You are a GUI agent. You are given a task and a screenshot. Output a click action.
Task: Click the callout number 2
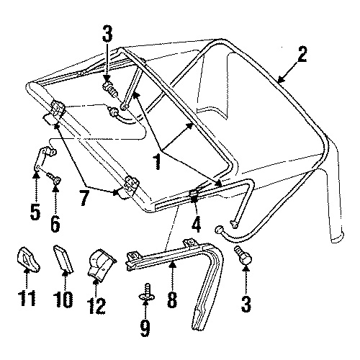[301, 55]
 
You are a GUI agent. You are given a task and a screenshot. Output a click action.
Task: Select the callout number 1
[157, 162]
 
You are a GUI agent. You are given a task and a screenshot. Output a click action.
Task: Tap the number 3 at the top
[107, 34]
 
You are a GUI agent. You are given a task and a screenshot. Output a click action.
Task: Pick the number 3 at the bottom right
[246, 304]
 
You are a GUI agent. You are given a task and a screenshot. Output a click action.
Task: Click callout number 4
[196, 225]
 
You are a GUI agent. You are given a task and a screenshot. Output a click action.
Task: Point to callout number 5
[35, 212]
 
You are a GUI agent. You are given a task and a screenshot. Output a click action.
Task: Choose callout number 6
[55, 224]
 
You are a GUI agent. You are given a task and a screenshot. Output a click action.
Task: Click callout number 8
[172, 300]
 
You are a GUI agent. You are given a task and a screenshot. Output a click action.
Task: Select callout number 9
[145, 328]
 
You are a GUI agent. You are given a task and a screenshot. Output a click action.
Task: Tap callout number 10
[63, 300]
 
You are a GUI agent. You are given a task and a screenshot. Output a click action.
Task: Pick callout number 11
[28, 298]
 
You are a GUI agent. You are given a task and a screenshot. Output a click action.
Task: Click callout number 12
[97, 305]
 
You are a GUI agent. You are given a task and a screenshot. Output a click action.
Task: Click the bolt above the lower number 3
[243, 256]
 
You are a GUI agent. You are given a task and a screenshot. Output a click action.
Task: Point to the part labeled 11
[27, 259]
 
